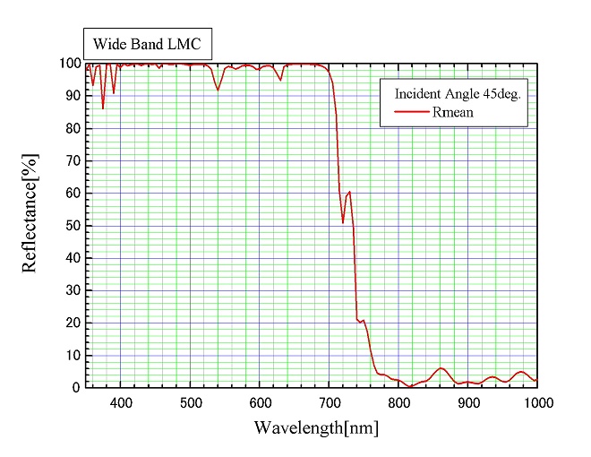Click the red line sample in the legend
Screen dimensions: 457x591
(x=413, y=113)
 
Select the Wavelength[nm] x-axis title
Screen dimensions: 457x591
(x=315, y=427)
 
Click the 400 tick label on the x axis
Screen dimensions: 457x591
(x=121, y=403)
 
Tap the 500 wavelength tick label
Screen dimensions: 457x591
(x=191, y=403)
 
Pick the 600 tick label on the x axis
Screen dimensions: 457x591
(x=260, y=403)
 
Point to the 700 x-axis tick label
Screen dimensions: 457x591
(x=330, y=403)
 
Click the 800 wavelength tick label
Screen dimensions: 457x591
(x=398, y=403)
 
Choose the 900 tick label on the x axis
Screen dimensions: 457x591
(x=467, y=403)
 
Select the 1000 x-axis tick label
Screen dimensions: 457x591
(x=535, y=403)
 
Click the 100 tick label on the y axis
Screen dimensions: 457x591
(x=69, y=64)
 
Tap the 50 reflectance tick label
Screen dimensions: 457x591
(x=72, y=226)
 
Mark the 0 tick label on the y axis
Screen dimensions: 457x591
(x=75, y=388)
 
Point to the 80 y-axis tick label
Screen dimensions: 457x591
(x=72, y=128)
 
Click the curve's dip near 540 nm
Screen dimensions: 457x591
(x=218, y=90)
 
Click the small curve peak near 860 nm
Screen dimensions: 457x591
(x=440, y=368)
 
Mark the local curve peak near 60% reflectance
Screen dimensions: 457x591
(x=349, y=192)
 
